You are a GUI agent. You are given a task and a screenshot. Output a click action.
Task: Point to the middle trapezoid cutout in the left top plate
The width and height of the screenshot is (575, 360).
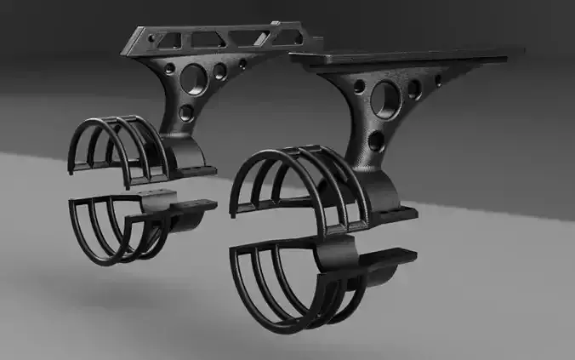point(208,38)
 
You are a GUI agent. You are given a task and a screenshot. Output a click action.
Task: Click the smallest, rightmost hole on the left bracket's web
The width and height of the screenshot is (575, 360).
point(242,63)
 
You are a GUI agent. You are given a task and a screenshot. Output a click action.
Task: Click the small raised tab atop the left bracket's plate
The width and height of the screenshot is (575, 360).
point(275,24)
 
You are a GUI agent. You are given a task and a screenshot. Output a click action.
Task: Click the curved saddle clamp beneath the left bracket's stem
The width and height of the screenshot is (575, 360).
point(191,156)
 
